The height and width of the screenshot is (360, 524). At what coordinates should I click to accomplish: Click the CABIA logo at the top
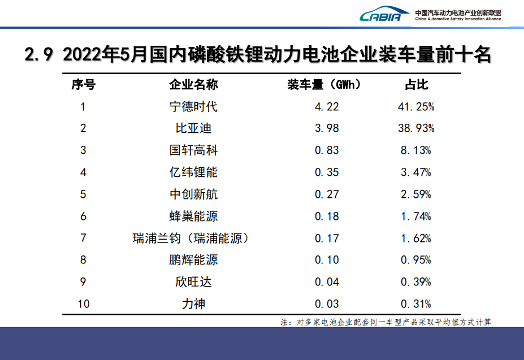click(384, 15)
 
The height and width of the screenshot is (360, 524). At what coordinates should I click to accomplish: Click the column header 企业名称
click(193, 85)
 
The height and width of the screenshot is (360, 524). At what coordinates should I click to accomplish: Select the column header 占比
click(416, 85)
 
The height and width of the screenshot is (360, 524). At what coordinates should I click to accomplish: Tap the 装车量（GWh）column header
click(324, 85)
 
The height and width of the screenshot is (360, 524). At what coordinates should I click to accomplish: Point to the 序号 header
click(83, 85)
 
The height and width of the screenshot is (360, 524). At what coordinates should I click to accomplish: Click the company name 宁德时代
click(193, 106)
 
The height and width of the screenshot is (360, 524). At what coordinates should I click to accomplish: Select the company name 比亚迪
click(193, 128)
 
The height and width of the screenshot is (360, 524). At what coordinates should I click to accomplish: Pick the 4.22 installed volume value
click(327, 106)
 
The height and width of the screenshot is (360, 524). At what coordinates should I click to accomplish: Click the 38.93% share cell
click(416, 128)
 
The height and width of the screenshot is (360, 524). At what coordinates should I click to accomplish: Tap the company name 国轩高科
click(193, 150)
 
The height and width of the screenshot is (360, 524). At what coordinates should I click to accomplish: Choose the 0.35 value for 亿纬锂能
click(327, 172)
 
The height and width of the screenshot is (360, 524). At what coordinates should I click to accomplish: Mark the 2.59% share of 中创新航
click(416, 194)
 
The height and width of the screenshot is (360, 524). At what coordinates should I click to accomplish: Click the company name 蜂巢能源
click(193, 216)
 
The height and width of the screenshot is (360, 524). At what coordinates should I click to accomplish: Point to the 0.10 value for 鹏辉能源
click(327, 260)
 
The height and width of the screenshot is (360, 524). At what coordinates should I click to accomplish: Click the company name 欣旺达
click(193, 282)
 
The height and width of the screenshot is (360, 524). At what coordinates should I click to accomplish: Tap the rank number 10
click(83, 304)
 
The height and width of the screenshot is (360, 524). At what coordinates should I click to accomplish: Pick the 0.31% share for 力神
click(416, 304)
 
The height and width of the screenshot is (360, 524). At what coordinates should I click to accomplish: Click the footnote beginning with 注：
click(386, 322)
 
